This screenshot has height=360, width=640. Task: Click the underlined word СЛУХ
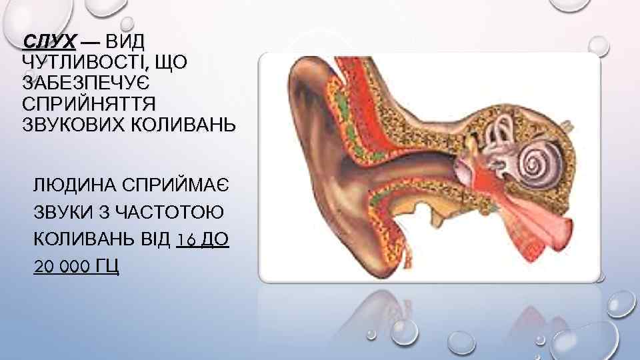point(49,43)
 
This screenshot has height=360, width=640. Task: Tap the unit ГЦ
point(108,267)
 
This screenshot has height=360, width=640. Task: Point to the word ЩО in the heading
point(172,63)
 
